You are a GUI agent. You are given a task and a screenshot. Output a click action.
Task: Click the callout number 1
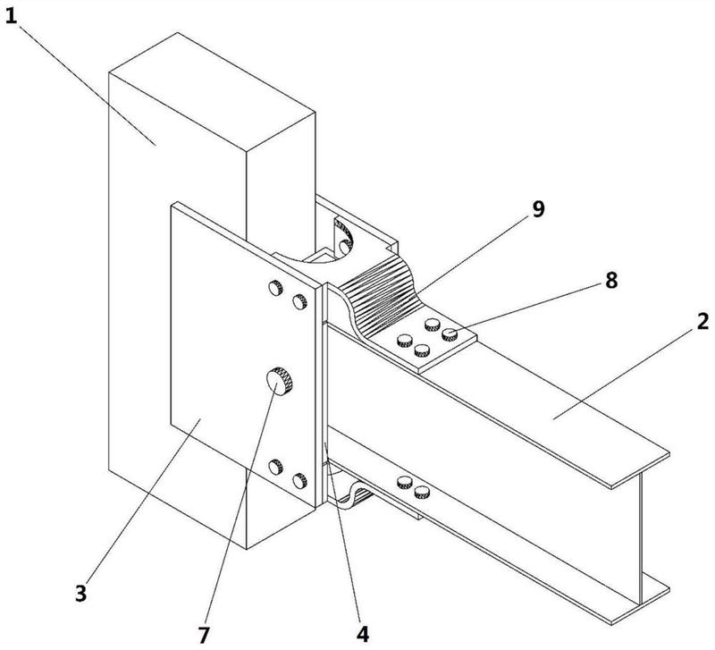[x=11, y=16]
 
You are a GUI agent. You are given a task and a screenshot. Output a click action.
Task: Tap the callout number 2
[x=702, y=322]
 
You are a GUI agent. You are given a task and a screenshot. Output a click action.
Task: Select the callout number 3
[x=80, y=594]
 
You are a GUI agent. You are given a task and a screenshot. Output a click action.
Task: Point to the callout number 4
[x=363, y=634]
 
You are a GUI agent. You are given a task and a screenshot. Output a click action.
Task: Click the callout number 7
[x=204, y=635]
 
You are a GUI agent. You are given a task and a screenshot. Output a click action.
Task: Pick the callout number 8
[x=611, y=280]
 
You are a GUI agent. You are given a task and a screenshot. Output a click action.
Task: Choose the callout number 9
[x=539, y=209]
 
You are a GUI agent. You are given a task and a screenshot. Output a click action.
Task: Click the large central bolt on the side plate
[x=280, y=381]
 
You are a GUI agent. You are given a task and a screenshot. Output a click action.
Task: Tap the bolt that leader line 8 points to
[x=450, y=334]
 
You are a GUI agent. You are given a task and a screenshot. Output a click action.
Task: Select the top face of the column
[x=213, y=92]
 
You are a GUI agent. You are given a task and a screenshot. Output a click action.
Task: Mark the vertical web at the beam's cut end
[x=640, y=536]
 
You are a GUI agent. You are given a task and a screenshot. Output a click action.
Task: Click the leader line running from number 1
[x=87, y=84]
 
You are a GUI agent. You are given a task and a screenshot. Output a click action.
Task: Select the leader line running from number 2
[x=626, y=373]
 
